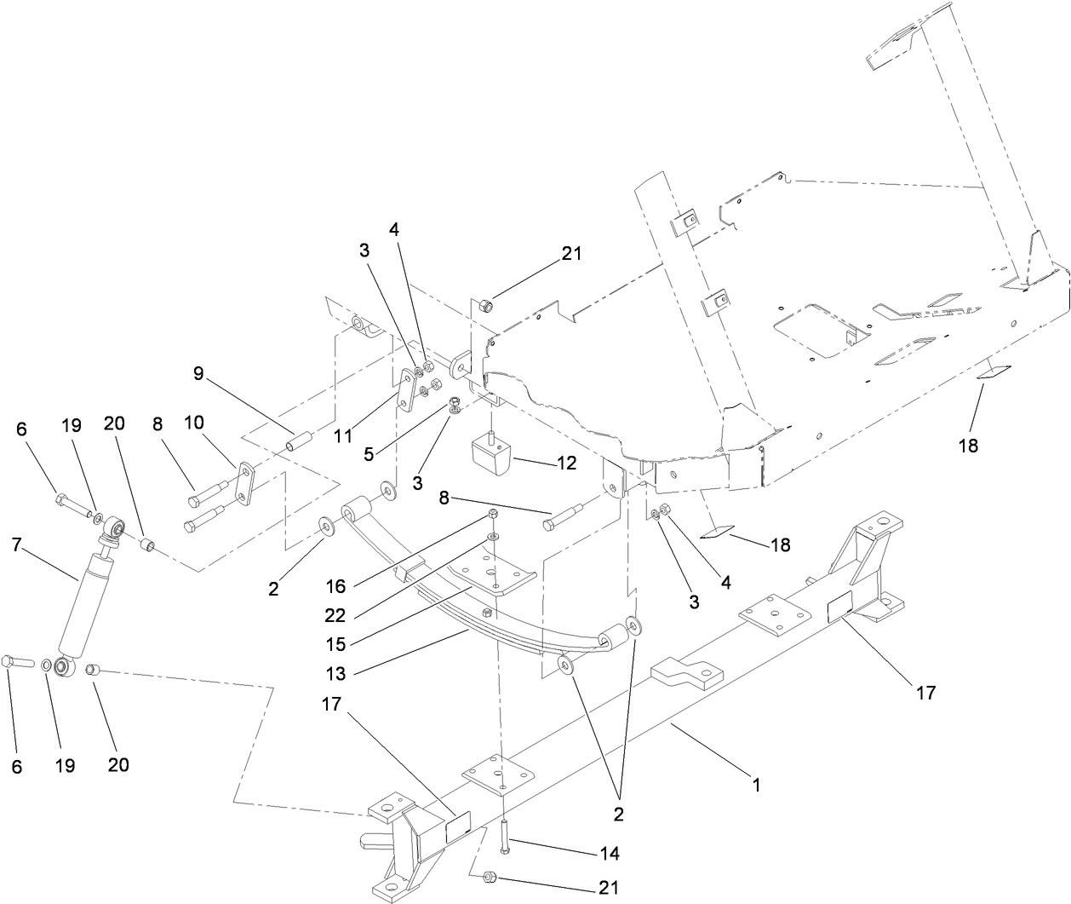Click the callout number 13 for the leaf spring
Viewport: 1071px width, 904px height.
tap(335, 674)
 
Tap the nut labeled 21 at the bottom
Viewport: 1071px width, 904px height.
tap(490, 877)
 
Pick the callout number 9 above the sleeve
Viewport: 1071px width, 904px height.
tap(198, 372)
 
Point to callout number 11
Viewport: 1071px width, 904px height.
tap(343, 435)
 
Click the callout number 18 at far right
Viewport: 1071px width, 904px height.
tap(968, 445)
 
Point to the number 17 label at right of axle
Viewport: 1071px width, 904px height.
tap(925, 693)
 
